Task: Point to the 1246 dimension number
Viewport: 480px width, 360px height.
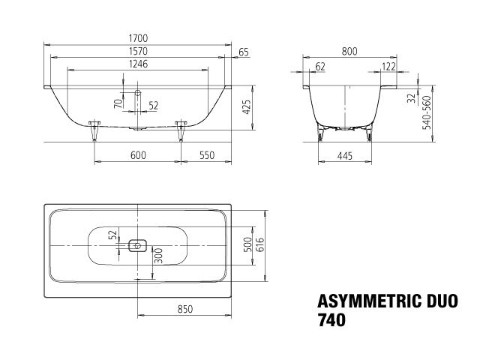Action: point(137,64)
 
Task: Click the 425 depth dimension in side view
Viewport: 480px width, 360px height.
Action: point(244,106)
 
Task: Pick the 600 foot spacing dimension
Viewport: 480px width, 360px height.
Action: point(137,154)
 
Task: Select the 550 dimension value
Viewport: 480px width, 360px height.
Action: point(208,154)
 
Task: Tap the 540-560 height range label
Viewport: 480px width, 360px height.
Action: point(426,113)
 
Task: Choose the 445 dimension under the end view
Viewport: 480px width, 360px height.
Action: point(343,155)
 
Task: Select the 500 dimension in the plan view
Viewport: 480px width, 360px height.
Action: point(246,244)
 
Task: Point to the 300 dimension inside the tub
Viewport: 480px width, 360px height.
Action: point(157,258)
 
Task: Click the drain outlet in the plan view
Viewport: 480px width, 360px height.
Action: point(137,244)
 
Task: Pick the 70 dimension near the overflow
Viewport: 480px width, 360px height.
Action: point(118,103)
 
